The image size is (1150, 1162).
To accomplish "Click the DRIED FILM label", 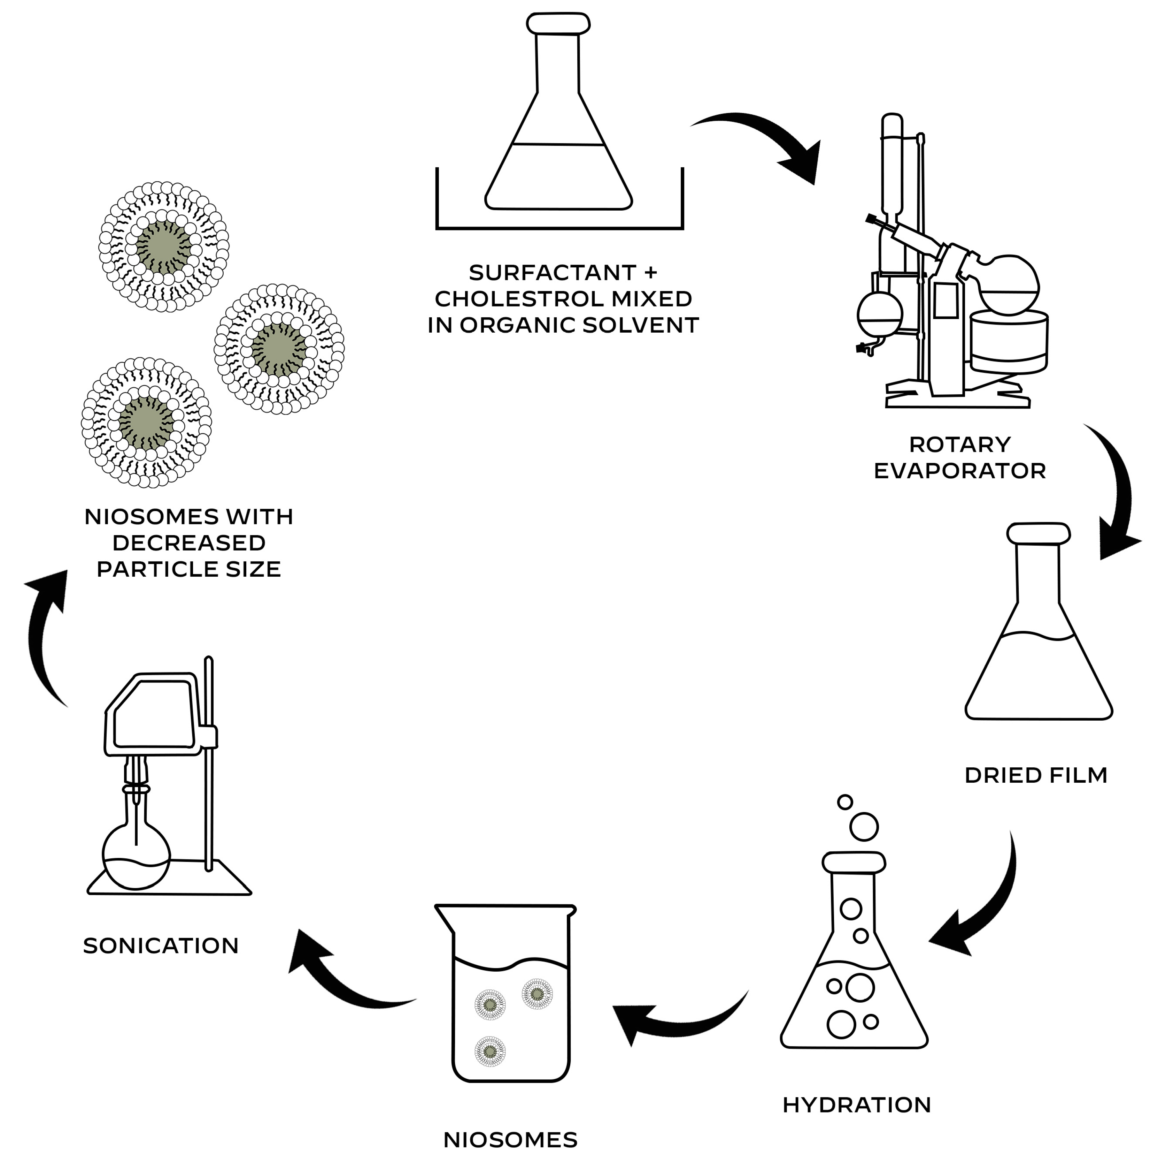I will click(x=1035, y=775).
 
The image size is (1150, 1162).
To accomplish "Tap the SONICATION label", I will click(x=161, y=945).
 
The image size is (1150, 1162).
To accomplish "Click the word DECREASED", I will click(x=189, y=543).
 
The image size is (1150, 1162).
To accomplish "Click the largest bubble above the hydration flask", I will click(x=864, y=827).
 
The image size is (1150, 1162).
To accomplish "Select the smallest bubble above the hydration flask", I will click(x=844, y=802).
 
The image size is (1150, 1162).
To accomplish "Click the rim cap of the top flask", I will click(x=557, y=23).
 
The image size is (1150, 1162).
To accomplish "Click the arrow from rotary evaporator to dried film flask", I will click(x=1117, y=499).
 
